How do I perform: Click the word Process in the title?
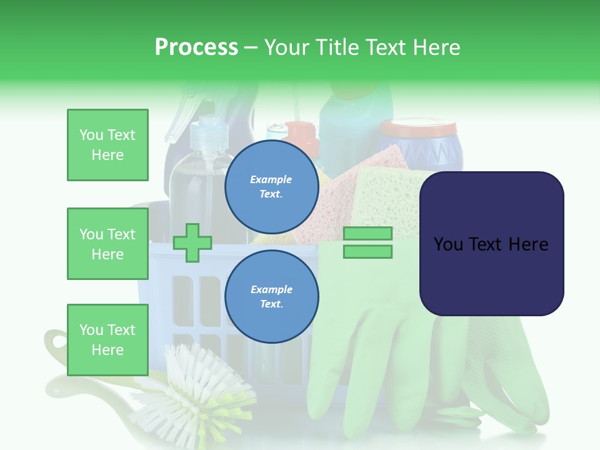[x=196, y=47]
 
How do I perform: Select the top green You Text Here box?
[x=107, y=145]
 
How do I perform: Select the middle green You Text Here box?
[x=107, y=244]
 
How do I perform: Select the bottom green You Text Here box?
[x=107, y=340]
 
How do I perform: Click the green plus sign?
[x=192, y=242]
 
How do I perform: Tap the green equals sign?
[x=367, y=242]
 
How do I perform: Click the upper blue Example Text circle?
[x=271, y=186]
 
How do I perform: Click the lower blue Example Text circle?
[x=271, y=296]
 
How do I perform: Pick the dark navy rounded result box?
[x=491, y=244]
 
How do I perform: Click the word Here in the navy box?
[x=528, y=244]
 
